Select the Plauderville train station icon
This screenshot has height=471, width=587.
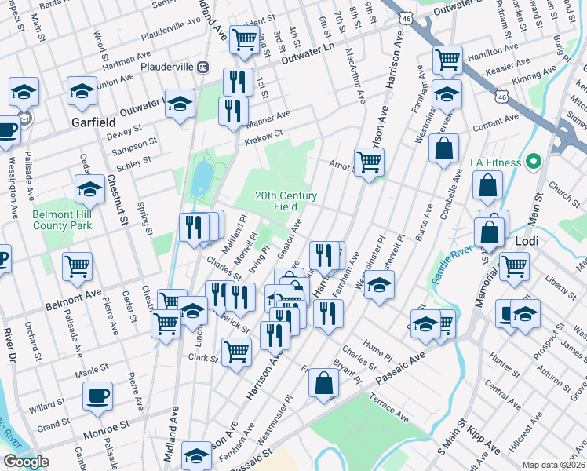click(202, 68)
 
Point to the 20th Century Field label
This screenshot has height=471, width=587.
click(286, 201)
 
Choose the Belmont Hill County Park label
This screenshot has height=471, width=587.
click(62, 220)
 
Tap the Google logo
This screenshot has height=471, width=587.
click(26, 462)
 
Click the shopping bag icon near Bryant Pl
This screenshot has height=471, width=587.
click(323, 383)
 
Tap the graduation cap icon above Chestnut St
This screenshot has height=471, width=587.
click(89, 189)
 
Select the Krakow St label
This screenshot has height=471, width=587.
click(263, 136)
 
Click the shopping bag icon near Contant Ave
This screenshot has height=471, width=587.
click(443, 148)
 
